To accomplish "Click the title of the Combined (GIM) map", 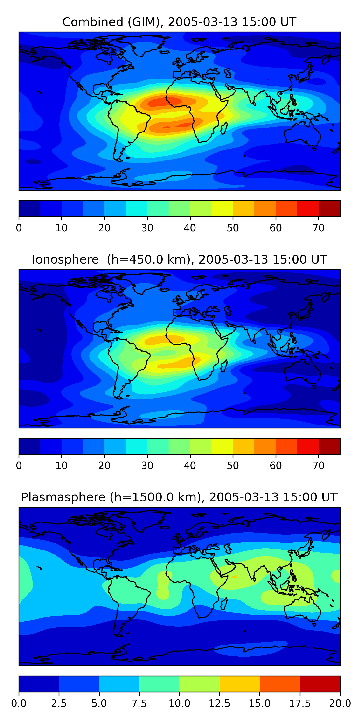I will (x=179, y=22).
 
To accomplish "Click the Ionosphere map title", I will (x=179, y=259).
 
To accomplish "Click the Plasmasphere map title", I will (x=179, y=497).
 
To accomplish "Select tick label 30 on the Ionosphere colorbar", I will (x=147, y=466).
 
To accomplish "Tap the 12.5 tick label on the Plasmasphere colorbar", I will (x=220, y=703).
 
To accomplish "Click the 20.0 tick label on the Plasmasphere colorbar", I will (x=340, y=703).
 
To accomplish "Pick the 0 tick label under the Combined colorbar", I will (x=19, y=228).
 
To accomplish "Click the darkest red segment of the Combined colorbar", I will (x=329, y=209).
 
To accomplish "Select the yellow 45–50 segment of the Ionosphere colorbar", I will (x=222, y=446).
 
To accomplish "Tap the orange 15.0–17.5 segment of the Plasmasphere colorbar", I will (x=280, y=684).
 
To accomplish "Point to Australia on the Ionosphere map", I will (x=302, y=371).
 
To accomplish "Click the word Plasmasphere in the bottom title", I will (x=63, y=497).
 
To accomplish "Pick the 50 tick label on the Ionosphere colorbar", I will (x=233, y=466).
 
